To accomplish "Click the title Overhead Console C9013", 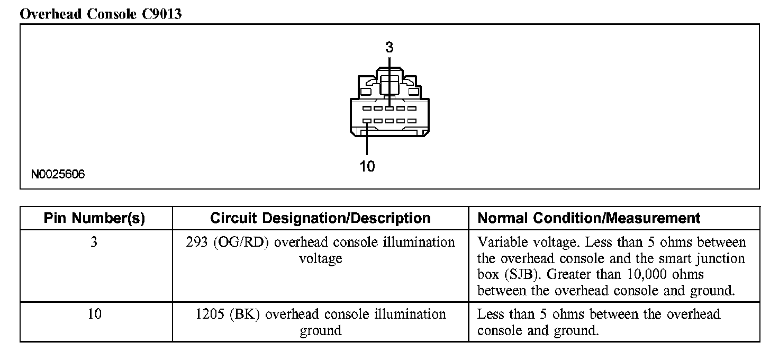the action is pos(101,14).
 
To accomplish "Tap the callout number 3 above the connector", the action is pos(389,48).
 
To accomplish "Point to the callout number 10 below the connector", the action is pos(367,167).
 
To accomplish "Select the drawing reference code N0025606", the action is pos(58,175).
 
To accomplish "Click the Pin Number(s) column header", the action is pos(94,218).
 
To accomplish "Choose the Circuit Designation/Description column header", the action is pos(320,218).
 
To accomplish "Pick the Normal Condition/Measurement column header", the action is pos(589,218).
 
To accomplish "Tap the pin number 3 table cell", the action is pos(94,242).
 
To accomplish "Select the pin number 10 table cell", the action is pos(94,314).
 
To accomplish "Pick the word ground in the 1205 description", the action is pos(320,331).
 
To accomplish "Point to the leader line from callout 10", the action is pos(367,140).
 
